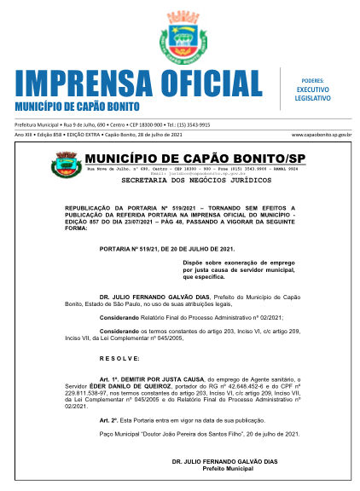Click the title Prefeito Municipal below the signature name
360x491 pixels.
click(223, 469)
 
